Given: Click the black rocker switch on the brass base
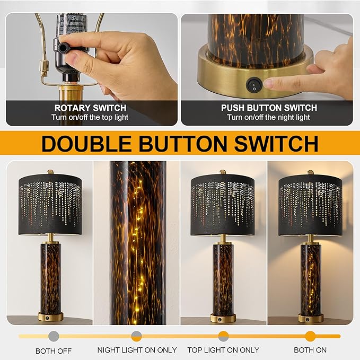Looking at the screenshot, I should click(254, 84).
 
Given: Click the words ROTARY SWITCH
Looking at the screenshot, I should click(90, 108).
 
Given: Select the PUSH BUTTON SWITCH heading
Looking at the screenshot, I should click(269, 108).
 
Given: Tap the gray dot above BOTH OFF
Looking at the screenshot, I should click(53, 336).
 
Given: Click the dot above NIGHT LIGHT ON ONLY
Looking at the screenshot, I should click(136, 336).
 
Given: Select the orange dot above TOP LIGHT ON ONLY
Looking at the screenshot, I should click(223, 336).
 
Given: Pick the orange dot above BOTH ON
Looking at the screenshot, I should click(310, 336).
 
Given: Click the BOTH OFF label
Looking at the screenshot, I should click(53, 350).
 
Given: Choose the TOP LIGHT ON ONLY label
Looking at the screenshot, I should click(223, 350).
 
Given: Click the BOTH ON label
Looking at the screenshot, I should click(310, 350).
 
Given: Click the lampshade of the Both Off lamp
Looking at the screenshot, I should click(50, 204).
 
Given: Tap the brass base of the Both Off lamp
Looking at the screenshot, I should click(50, 317).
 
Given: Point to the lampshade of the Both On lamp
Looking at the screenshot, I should click(310, 204).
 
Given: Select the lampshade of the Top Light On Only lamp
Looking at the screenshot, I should click(222, 204).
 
